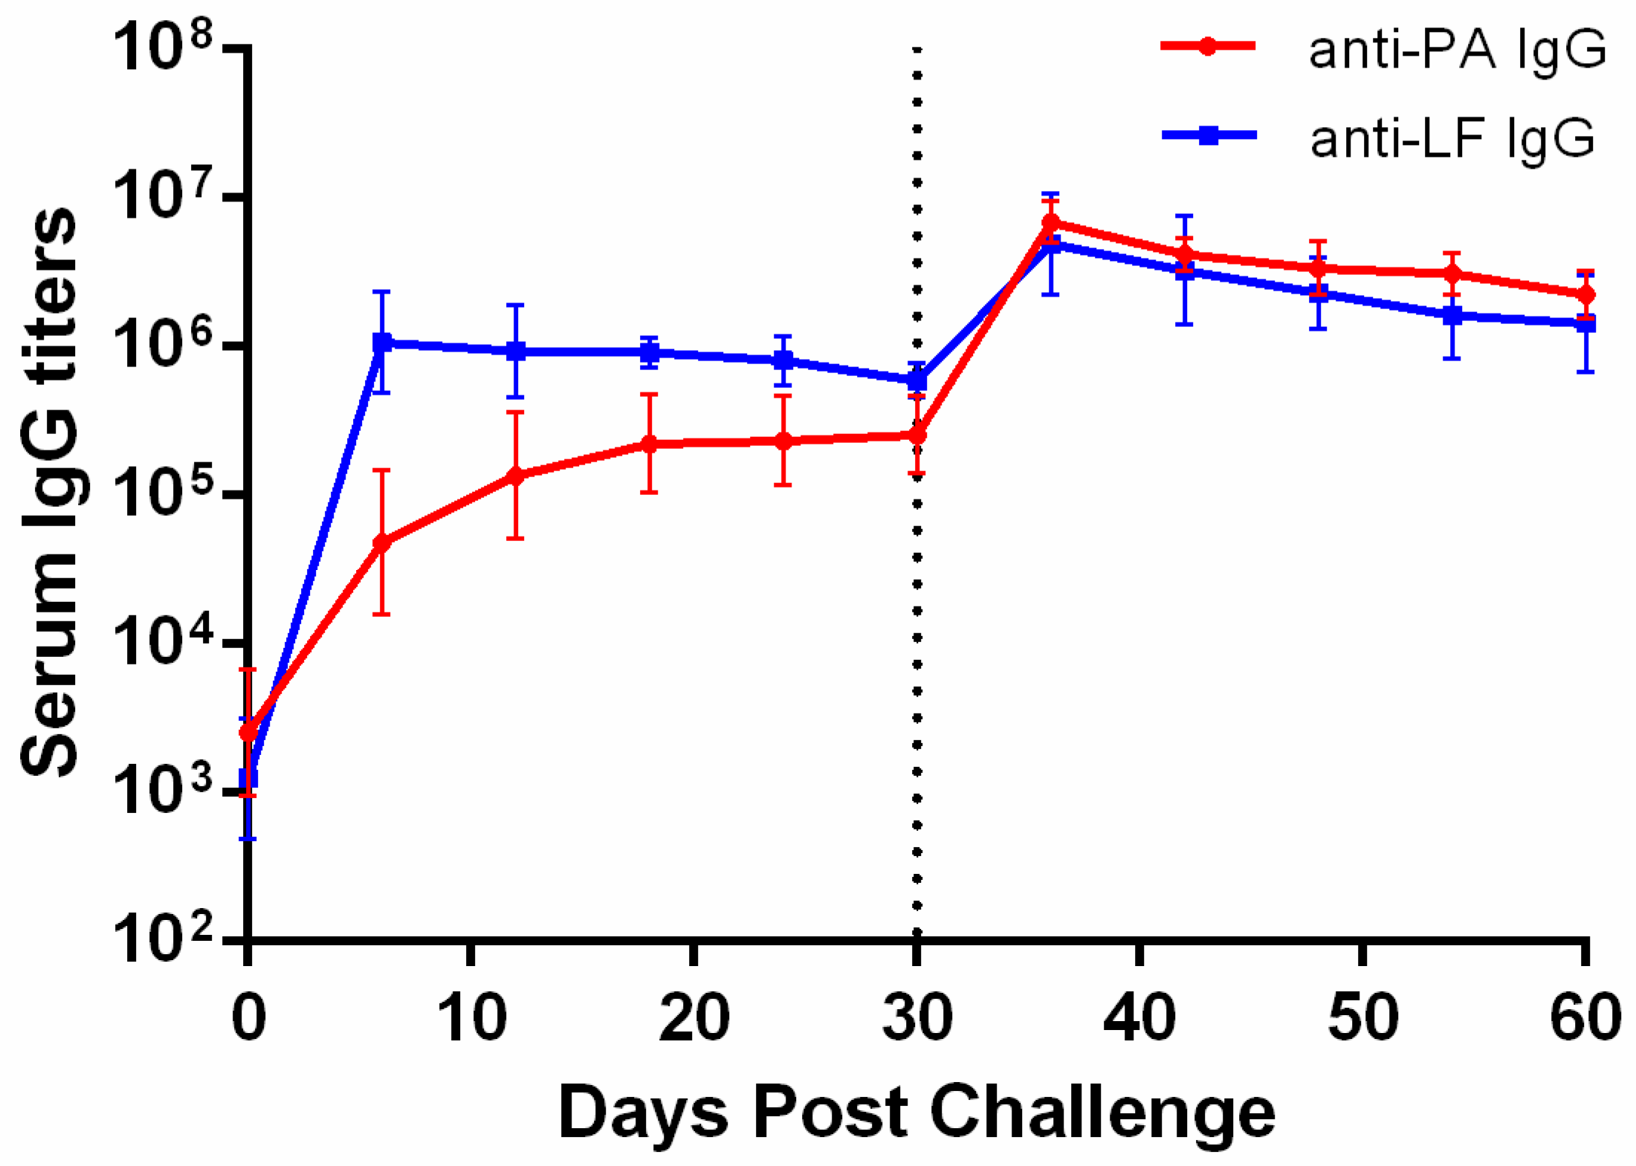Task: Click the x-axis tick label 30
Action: [916, 1018]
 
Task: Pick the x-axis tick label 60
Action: [1585, 1018]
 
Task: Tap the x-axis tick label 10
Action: [471, 1018]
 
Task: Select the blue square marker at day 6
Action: [382, 343]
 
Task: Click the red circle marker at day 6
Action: [382, 542]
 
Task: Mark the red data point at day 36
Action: [1050, 222]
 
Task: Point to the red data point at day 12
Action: [515, 476]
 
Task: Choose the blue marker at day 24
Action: [783, 360]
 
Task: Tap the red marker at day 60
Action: [1585, 294]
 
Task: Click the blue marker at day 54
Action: [1452, 316]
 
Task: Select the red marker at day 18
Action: [649, 444]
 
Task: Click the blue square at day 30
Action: [916, 381]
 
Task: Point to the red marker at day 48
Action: [1318, 268]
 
